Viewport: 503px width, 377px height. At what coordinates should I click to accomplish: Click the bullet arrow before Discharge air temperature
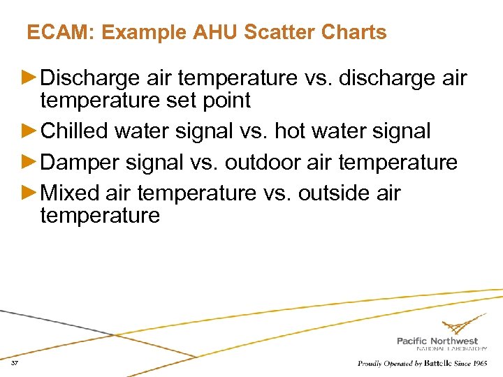coord(32,78)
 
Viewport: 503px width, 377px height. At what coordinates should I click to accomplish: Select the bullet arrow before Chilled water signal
coord(32,131)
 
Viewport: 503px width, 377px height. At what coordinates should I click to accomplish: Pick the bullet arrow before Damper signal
coord(32,163)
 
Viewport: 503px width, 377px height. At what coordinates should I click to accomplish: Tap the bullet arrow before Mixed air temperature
coord(32,193)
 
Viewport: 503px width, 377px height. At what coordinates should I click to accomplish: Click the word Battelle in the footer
coord(435,364)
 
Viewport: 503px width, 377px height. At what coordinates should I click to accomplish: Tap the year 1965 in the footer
coord(478,364)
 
